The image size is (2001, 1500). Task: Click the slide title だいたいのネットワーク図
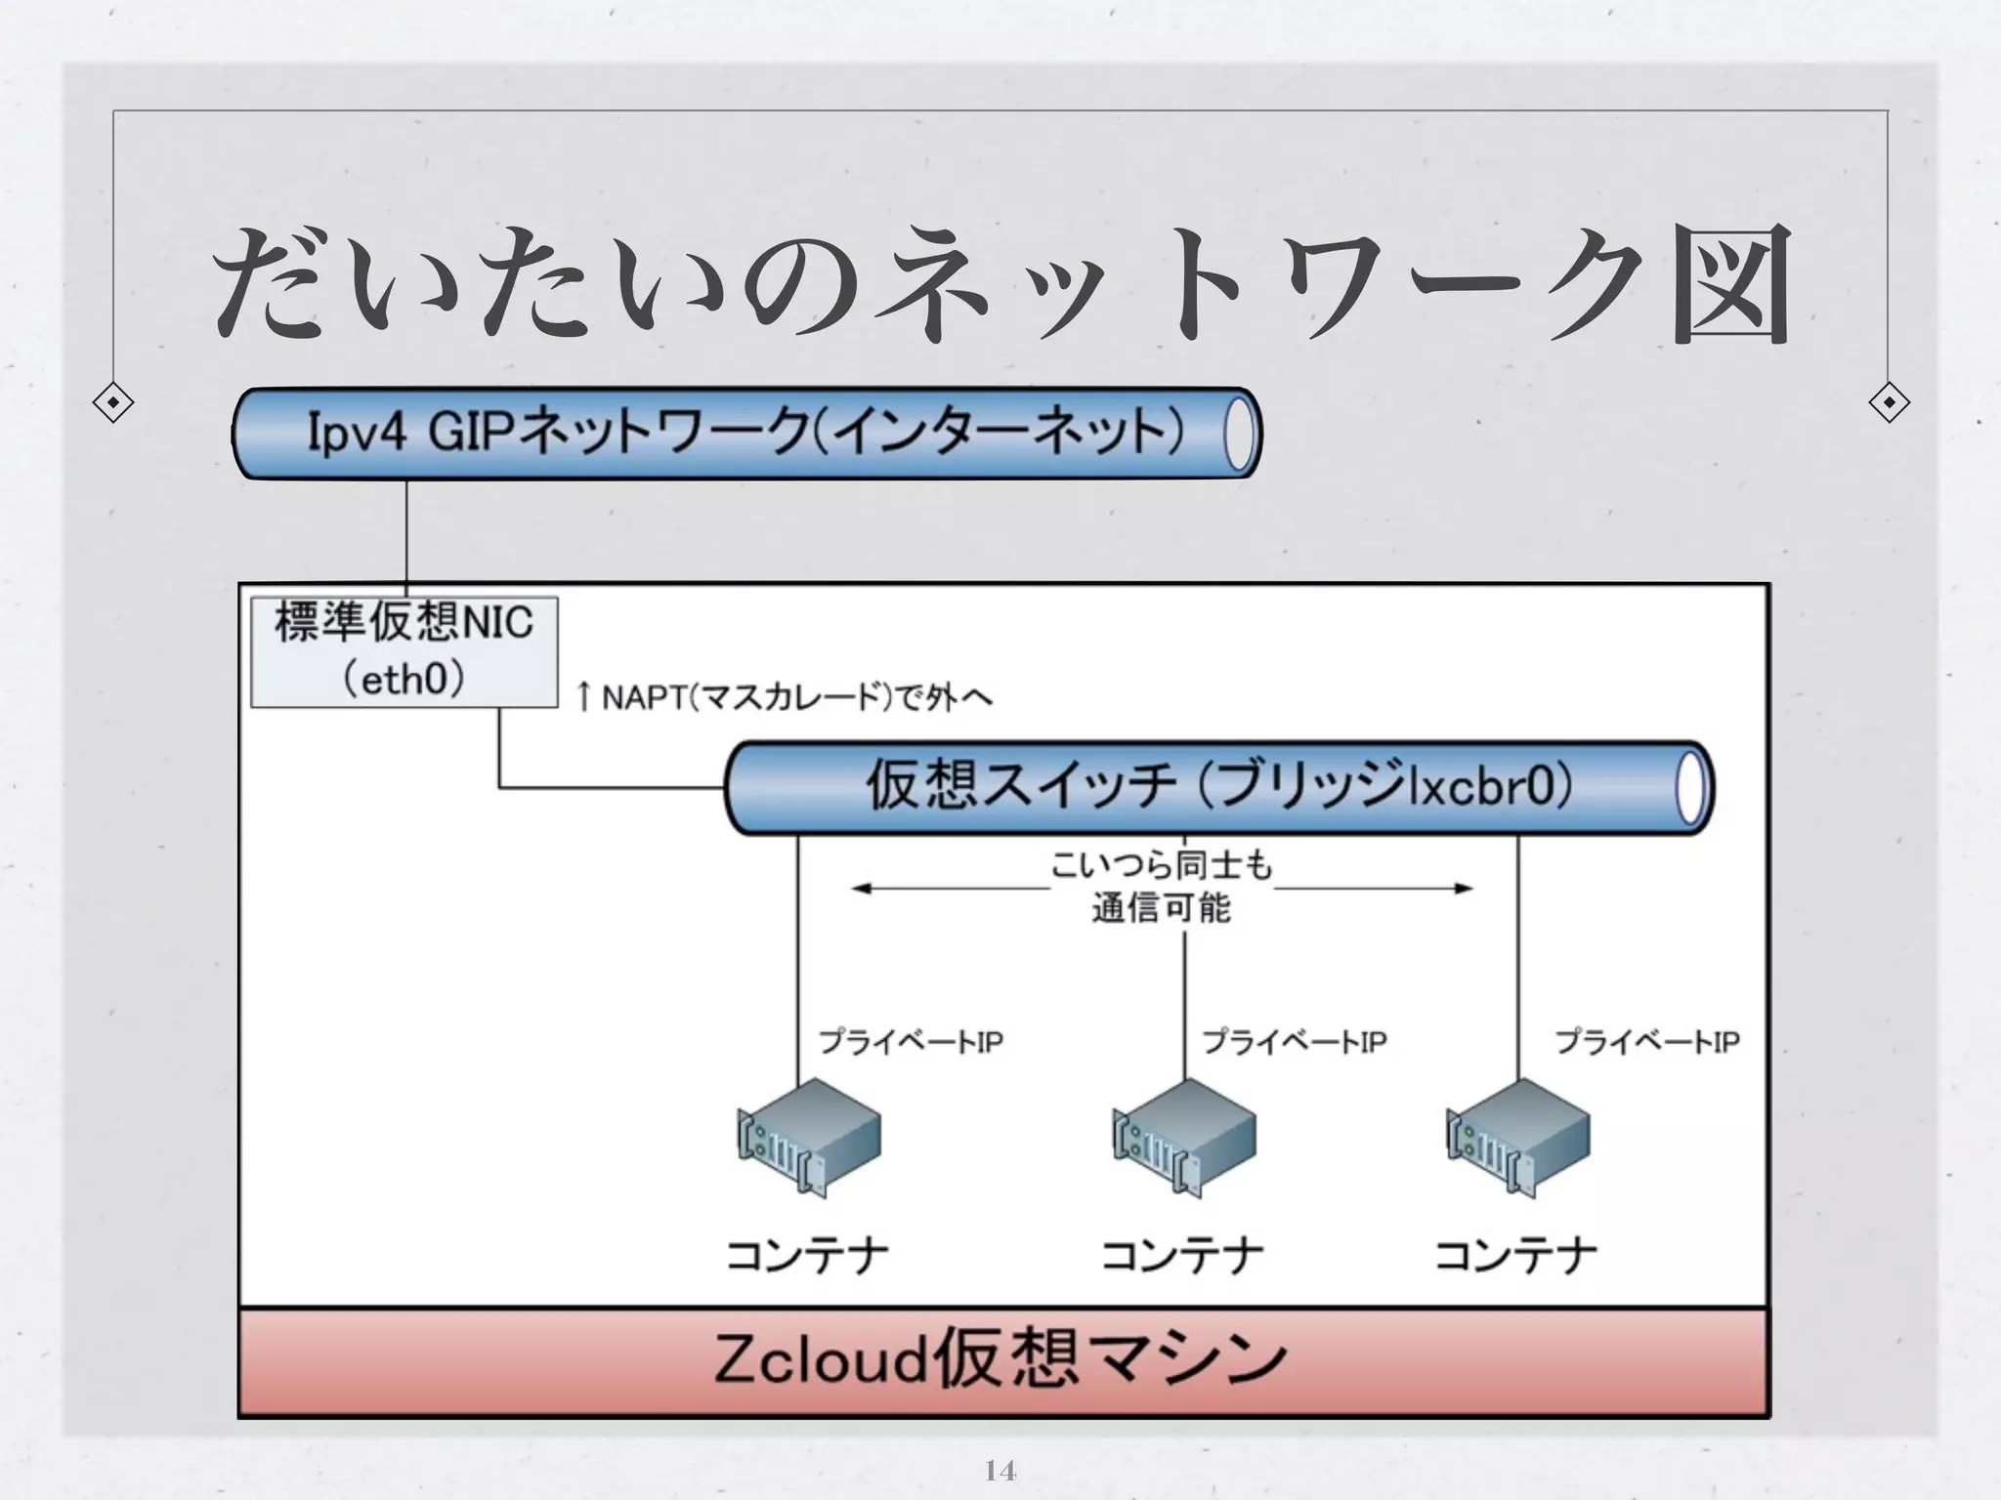tap(1001, 283)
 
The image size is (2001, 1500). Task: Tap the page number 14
tap(1000, 1470)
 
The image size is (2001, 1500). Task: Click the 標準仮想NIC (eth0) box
tap(404, 651)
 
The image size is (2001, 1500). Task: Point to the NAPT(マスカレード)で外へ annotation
tap(785, 697)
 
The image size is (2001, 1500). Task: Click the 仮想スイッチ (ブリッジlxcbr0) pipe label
tap(1218, 787)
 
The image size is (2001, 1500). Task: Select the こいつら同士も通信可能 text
tap(1161, 887)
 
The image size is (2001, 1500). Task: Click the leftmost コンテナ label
tap(807, 1256)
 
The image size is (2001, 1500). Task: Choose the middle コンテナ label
tap(1182, 1256)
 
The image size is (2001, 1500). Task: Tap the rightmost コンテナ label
tap(1515, 1256)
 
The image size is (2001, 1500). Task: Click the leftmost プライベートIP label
tap(911, 1042)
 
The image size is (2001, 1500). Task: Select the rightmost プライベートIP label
tap(1647, 1042)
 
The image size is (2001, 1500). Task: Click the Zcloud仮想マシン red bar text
tap(1001, 1359)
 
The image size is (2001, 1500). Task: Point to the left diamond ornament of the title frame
tap(113, 402)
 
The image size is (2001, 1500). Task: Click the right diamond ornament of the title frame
tap(1889, 402)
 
